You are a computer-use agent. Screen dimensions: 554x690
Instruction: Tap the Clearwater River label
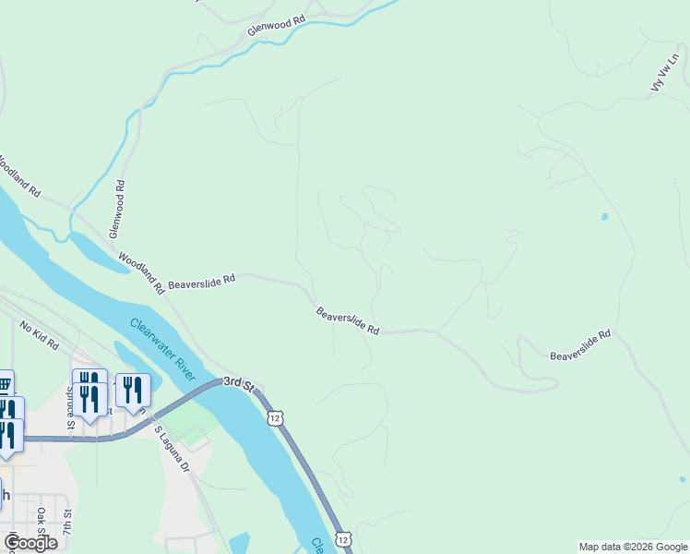[162, 349]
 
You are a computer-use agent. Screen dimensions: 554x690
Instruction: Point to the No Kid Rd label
[39, 333]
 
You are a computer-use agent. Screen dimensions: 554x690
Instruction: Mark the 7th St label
[66, 530]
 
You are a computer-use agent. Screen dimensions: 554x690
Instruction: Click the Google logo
[30, 542]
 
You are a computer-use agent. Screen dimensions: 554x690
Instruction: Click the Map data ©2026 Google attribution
[633, 547]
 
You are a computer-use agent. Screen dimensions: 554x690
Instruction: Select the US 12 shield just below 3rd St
[276, 418]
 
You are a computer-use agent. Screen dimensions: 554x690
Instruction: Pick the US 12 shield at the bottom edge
[343, 538]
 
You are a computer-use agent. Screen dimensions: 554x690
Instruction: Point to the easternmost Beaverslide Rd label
[581, 344]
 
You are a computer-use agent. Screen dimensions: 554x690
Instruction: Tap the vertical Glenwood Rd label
[118, 210]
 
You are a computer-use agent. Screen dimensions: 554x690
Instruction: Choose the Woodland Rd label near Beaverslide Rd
[140, 274]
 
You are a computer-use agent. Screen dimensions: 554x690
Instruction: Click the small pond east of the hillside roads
[604, 217]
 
